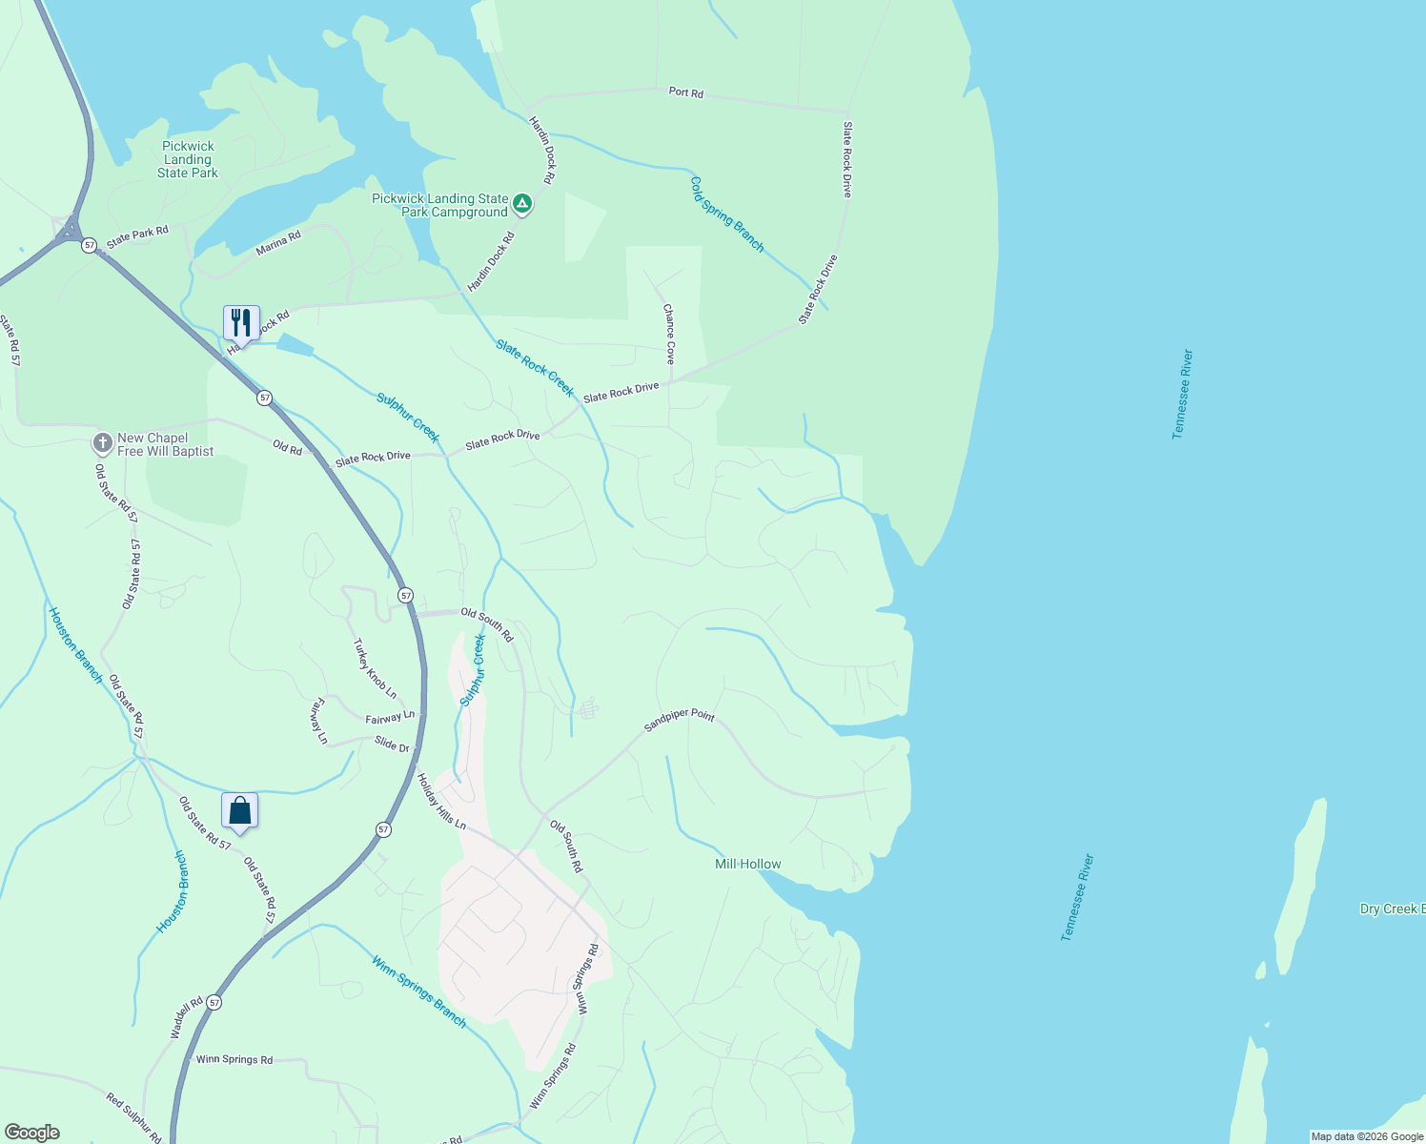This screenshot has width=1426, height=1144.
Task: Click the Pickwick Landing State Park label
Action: [x=188, y=159]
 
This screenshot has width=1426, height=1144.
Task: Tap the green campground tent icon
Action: [x=522, y=203]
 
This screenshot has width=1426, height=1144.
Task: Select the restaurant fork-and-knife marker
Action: [x=241, y=322]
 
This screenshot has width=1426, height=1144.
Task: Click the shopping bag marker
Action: [x=240, y=810]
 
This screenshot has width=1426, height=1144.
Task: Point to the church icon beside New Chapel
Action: [x=102, y=443]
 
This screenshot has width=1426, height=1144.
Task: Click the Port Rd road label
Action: [x=685, y=92]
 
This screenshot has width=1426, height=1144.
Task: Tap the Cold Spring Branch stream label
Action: [x=727, y=214]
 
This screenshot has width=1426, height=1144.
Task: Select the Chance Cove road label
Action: [x=669, y=334]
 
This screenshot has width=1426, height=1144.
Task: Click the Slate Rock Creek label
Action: [x=535, y=368]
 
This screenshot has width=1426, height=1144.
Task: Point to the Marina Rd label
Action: [x=278, y=243]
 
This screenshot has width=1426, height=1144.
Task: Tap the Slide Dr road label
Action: [x=392, y=744]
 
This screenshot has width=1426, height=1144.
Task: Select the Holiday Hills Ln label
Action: [x=441, y=801]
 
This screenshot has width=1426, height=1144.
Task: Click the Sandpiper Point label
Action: [x=679, y=721]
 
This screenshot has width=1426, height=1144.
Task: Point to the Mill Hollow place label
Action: [x=748, y=864]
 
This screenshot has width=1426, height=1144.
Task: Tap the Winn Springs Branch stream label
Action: [x=419, y=991]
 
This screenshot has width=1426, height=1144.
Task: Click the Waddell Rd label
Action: [x=187, y=1017]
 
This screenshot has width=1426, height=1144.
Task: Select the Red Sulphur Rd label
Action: [x=133, y=1118]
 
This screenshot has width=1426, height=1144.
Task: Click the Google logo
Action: [x=32, y=1133]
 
